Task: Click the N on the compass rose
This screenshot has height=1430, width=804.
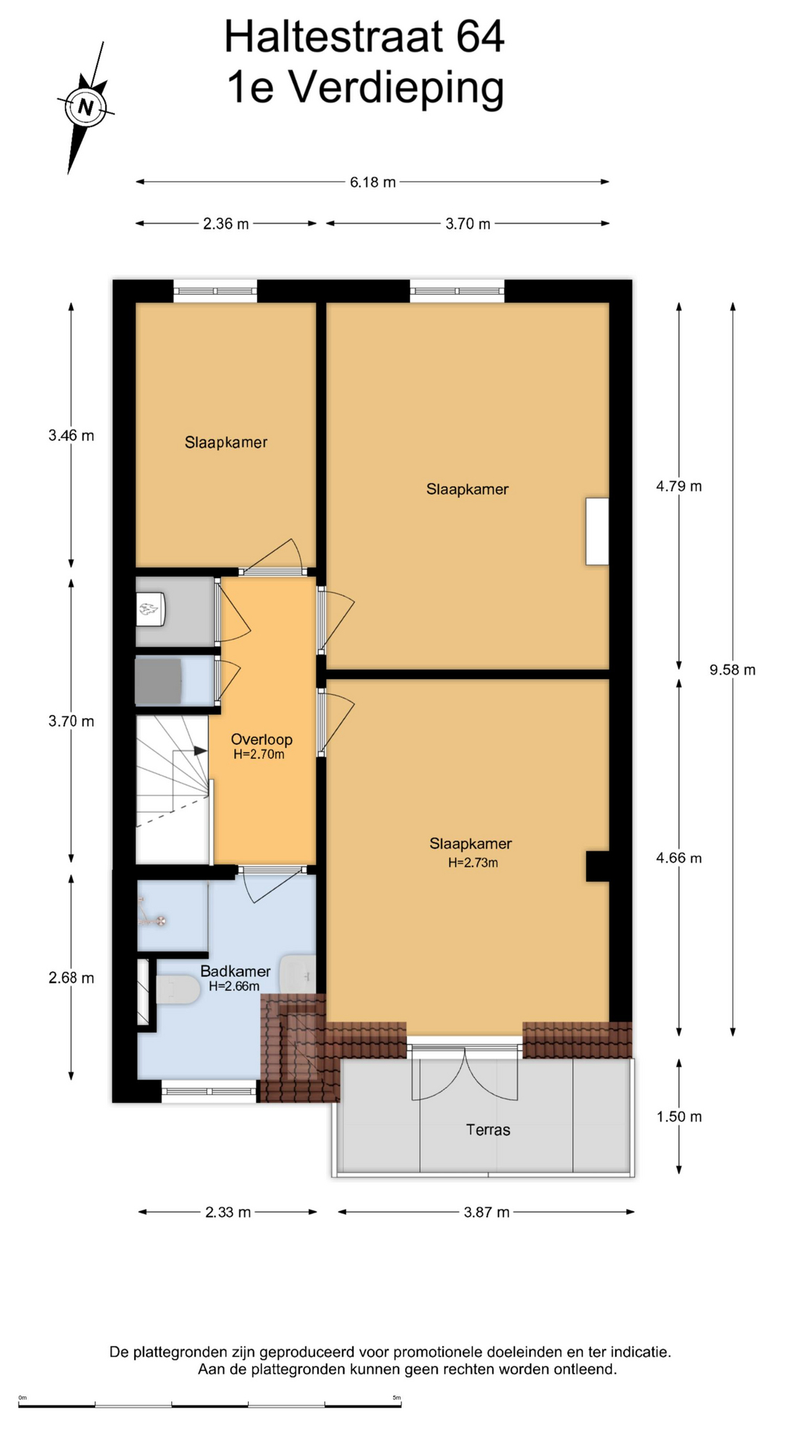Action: [86, 107]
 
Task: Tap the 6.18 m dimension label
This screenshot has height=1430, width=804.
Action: [373, 182]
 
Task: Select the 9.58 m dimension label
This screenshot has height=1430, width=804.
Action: [733, 670]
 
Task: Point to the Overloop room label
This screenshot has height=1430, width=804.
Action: [261, 740]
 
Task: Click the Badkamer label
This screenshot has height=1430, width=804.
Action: [235, 971]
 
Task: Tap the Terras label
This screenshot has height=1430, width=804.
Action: [488, 1130]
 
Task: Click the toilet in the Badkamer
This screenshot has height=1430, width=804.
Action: [177, 990]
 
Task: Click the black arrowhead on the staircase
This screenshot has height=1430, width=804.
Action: [200, 751]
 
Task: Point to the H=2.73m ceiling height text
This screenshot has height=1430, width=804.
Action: [473, 862]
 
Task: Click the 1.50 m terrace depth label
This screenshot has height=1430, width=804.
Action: [679, 1116]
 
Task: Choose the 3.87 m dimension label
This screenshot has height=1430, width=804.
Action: [487, 1212]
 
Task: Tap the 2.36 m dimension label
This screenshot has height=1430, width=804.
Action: [226, 223]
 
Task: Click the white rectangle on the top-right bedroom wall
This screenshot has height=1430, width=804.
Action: [597, 531]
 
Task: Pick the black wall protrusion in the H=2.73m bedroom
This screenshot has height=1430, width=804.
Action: [598, 866]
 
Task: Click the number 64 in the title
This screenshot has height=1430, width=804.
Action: [480, 36]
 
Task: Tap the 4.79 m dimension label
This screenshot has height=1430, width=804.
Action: [679, 486]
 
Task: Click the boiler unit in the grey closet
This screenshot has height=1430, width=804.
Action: [150, 610]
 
